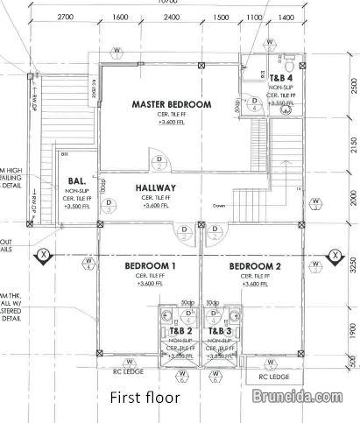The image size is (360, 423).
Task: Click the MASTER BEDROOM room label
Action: tap(172, 104)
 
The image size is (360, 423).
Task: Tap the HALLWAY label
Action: tap(156, 187)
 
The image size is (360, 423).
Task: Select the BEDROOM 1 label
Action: tap(151, 265)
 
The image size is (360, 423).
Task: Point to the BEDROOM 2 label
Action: tap(255, 265)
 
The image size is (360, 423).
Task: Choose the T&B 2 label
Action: tap(180, 332)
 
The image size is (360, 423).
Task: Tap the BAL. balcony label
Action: tap(75, 182)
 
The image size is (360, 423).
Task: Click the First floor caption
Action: tap(145, 398)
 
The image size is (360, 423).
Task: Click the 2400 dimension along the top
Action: tap(172, 17)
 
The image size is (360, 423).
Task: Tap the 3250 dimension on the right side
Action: tap(352, 264)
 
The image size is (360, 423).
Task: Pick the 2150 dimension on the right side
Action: tap(352, 143)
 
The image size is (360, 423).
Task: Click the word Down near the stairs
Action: tap(219, 206)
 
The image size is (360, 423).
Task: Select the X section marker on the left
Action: tap(42, 256)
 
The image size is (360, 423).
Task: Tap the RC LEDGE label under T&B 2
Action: tap(130, 371)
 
